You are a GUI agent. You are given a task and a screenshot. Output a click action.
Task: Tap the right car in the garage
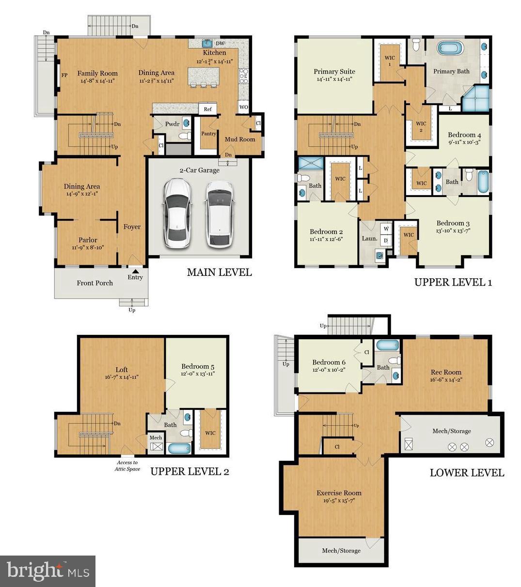[219, 213]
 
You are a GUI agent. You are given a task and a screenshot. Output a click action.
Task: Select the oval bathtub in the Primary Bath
[450, 49]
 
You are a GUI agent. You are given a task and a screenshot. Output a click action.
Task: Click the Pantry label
[208, 134]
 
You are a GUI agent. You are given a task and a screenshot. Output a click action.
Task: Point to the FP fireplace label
[64, 75]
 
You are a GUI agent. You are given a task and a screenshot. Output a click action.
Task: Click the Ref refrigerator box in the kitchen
[208, 109]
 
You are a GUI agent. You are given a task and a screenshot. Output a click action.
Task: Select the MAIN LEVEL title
[219, 272]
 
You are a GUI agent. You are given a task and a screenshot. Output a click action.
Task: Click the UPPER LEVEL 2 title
[189, 471]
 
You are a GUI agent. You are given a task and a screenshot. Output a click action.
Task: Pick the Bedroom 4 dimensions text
[464, 142]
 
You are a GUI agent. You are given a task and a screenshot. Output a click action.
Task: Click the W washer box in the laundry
[386, 228]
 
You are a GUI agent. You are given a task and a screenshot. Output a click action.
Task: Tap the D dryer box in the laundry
[386, 240]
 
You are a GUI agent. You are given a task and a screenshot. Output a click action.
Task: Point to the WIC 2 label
[421, 127]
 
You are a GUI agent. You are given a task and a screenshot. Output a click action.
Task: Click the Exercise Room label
[339, 493]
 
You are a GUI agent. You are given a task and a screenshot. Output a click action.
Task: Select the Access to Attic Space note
[127, 466]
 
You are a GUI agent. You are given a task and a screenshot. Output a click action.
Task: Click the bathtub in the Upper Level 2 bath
[179, 448]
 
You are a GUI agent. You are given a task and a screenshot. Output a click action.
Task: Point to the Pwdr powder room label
[172, 124]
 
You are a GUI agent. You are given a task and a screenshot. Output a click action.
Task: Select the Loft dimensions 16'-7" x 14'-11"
[122, 377]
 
